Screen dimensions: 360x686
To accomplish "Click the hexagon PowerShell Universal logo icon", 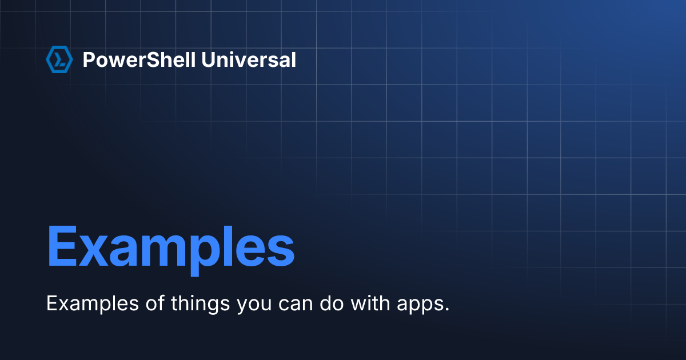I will point(59,59).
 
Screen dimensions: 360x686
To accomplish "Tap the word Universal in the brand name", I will point(249,59).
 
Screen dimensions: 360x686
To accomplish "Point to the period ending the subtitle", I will point(447,310).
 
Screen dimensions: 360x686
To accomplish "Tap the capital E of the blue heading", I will point(61,246).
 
